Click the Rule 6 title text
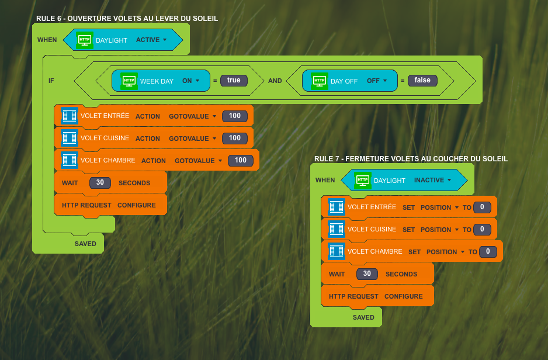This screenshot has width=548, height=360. [127, 19]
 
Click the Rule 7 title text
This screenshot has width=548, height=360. [411, 159]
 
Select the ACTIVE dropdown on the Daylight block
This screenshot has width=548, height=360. [151, 40]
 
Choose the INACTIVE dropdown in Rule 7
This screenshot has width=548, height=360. [432, 180]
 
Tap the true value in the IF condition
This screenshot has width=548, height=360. [234, 81]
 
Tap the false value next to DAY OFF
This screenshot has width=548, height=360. [422, 81]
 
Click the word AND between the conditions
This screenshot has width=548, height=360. [275, 81]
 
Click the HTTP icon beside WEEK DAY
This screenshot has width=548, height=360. [129, 81]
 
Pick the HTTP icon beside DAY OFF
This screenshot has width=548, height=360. [320, 81]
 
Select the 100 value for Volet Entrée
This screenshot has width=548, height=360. [235, 116]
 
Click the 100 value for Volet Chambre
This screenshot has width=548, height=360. [241, 160]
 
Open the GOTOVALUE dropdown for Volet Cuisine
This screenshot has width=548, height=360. [193, 139]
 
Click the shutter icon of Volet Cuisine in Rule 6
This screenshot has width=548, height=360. [70, 138]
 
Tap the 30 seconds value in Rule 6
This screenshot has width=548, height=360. [100, 182]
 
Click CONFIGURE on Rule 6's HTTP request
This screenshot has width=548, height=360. [137, 205]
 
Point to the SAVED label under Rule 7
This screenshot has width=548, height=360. [363, 317]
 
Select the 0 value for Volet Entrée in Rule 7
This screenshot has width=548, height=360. [483, 207]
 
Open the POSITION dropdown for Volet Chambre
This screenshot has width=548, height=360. [445, 252]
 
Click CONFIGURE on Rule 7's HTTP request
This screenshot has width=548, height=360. [404, 296]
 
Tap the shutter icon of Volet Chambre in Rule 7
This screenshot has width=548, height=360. [337, 251]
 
